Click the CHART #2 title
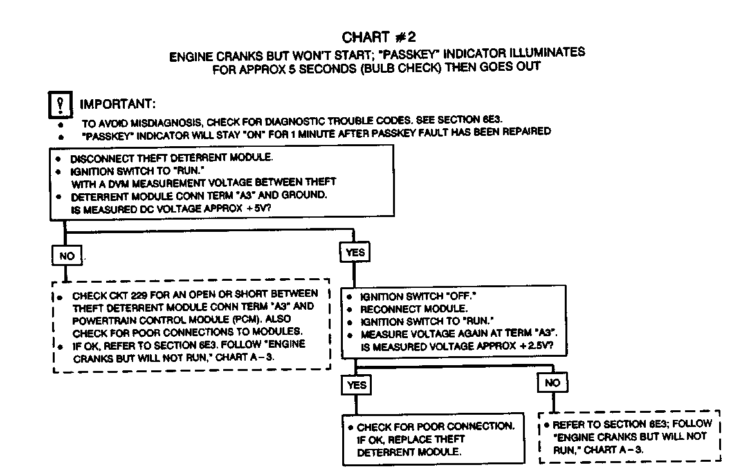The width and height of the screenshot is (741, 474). coord(383,37)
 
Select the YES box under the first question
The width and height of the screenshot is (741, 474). coord(354,252)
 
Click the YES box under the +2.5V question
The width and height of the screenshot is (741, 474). coord(356,384)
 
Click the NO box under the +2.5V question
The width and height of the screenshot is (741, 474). coord(552,383)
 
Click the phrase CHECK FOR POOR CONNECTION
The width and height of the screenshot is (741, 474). coord(435,427)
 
